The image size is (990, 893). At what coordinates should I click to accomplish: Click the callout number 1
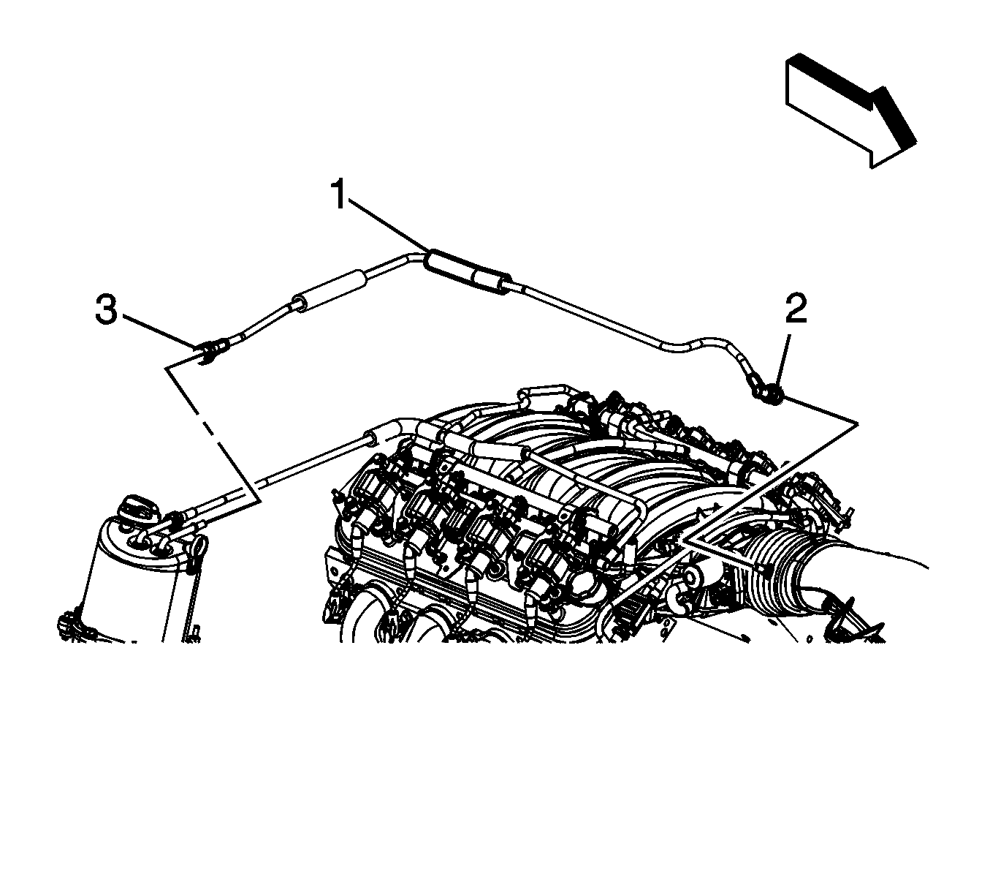click(340, 195)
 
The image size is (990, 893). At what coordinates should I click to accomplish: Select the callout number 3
click(107, 310)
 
